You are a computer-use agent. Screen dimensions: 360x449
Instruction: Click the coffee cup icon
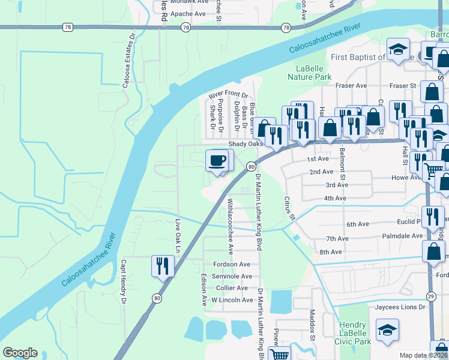(217, 161)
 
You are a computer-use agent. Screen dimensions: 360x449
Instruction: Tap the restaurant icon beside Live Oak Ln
(162, 266)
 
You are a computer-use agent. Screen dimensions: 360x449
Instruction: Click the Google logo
(20, 352)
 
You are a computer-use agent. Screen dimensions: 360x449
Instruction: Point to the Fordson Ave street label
(231, 265)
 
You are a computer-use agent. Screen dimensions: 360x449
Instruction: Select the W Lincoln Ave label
(231, 300)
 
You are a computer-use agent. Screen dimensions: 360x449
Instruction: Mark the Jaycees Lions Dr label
(397, 307)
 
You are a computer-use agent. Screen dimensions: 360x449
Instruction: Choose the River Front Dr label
(228, 95)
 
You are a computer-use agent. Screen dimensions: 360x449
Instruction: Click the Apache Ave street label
(188, 14)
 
